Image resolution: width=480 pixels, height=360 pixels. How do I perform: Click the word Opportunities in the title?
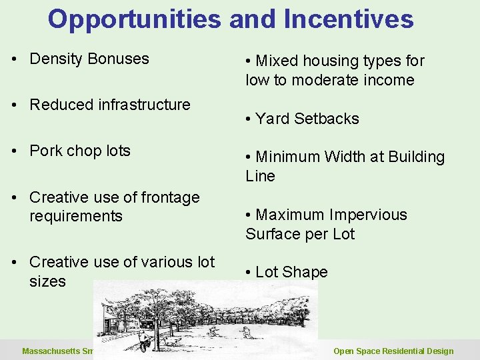[134, 19]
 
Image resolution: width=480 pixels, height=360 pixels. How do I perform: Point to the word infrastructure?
[140, 105]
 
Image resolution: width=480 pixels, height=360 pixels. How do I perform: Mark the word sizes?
[47, 281]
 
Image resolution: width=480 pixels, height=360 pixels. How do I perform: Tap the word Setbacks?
[327, 119]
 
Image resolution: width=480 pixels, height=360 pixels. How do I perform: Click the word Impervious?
[365, 215]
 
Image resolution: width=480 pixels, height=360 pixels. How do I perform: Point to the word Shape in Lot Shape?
[305, 272]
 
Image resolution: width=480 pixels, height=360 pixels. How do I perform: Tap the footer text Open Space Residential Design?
[393, 351]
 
